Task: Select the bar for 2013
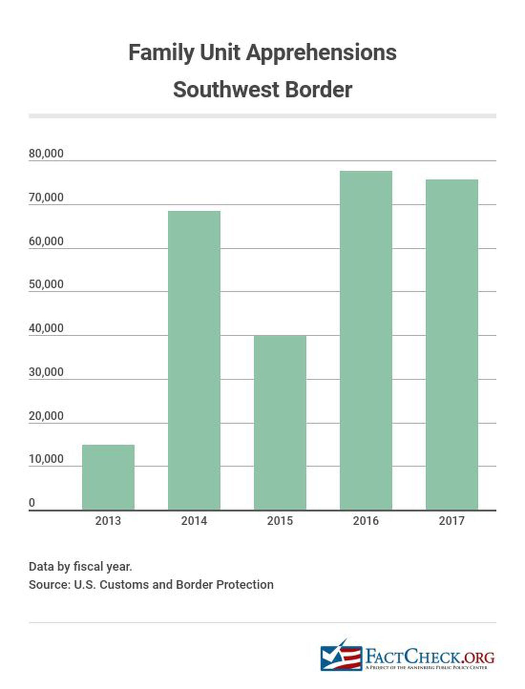[108, 477]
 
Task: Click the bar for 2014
[194, 360]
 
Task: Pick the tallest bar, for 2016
[366, 340]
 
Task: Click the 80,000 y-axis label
[46, 154]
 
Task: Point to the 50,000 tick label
[46, 285]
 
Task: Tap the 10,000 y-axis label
[46, 459]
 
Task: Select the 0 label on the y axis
[32, 503]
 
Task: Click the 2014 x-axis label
[194, 521]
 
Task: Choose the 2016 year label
[366, 521]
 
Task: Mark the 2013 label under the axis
[108, 521]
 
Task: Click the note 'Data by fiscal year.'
[80, 566]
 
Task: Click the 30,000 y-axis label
[46, 372]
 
